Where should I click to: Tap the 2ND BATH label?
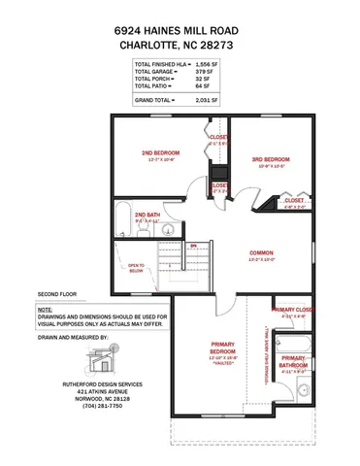[147, 214]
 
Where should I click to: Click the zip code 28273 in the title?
[220, 44]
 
